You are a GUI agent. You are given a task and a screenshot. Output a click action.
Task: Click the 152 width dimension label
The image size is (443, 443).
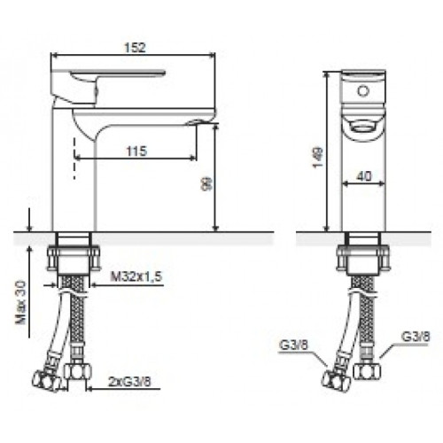tap(135, 48)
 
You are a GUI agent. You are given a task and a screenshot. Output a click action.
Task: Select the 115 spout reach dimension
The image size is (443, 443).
tap(136, 152)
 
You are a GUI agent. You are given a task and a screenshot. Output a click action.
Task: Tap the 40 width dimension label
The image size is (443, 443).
tap(364, 176)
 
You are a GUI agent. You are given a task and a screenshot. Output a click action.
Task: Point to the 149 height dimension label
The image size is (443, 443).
tap(318, 157)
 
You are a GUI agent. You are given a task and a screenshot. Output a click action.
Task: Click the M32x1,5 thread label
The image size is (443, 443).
tap(136, 276)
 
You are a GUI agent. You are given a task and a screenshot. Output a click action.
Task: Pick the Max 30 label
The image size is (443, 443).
tap(21, 302)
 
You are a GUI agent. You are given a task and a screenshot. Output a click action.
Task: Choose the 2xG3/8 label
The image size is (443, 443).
tap(129, 382)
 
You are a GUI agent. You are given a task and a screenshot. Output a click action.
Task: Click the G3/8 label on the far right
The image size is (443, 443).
tap(416, 337)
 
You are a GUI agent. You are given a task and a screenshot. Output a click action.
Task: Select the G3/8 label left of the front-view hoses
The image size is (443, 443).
tap(293, 345)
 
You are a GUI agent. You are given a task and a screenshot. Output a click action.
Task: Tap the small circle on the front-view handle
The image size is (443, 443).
tap(363, 90)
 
